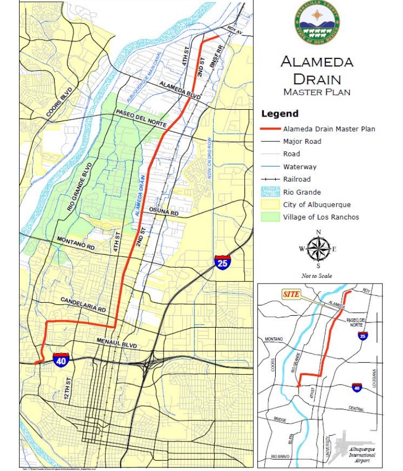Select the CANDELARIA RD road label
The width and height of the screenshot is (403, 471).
(83, 304)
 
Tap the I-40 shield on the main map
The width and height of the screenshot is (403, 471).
(61, 359)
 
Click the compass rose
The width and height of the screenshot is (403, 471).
(318, 249)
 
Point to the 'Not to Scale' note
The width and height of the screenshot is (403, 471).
(317, 276)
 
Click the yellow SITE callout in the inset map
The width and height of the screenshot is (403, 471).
(291, 294)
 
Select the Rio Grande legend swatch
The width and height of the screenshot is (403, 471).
(269, 192)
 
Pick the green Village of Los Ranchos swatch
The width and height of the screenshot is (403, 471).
(269, 217)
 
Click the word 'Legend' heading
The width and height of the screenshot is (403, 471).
(280, 113)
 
